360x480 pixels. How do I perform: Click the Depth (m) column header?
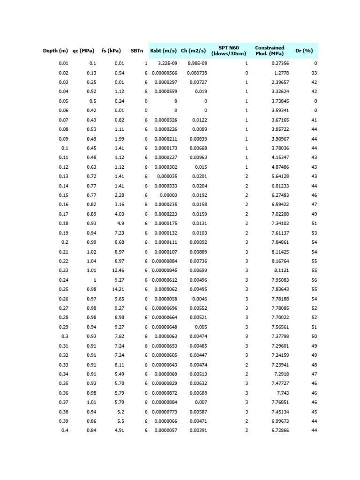[x=56, y=51]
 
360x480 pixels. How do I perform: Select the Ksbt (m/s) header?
[x=163, y=51]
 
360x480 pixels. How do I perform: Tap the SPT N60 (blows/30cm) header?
[x=229, y=51]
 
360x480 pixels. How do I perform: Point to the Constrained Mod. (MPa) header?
[x=270, y=51]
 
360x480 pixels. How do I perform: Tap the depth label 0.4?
[x=65, y=431]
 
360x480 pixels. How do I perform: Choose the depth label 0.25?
[x=63, y=289]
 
